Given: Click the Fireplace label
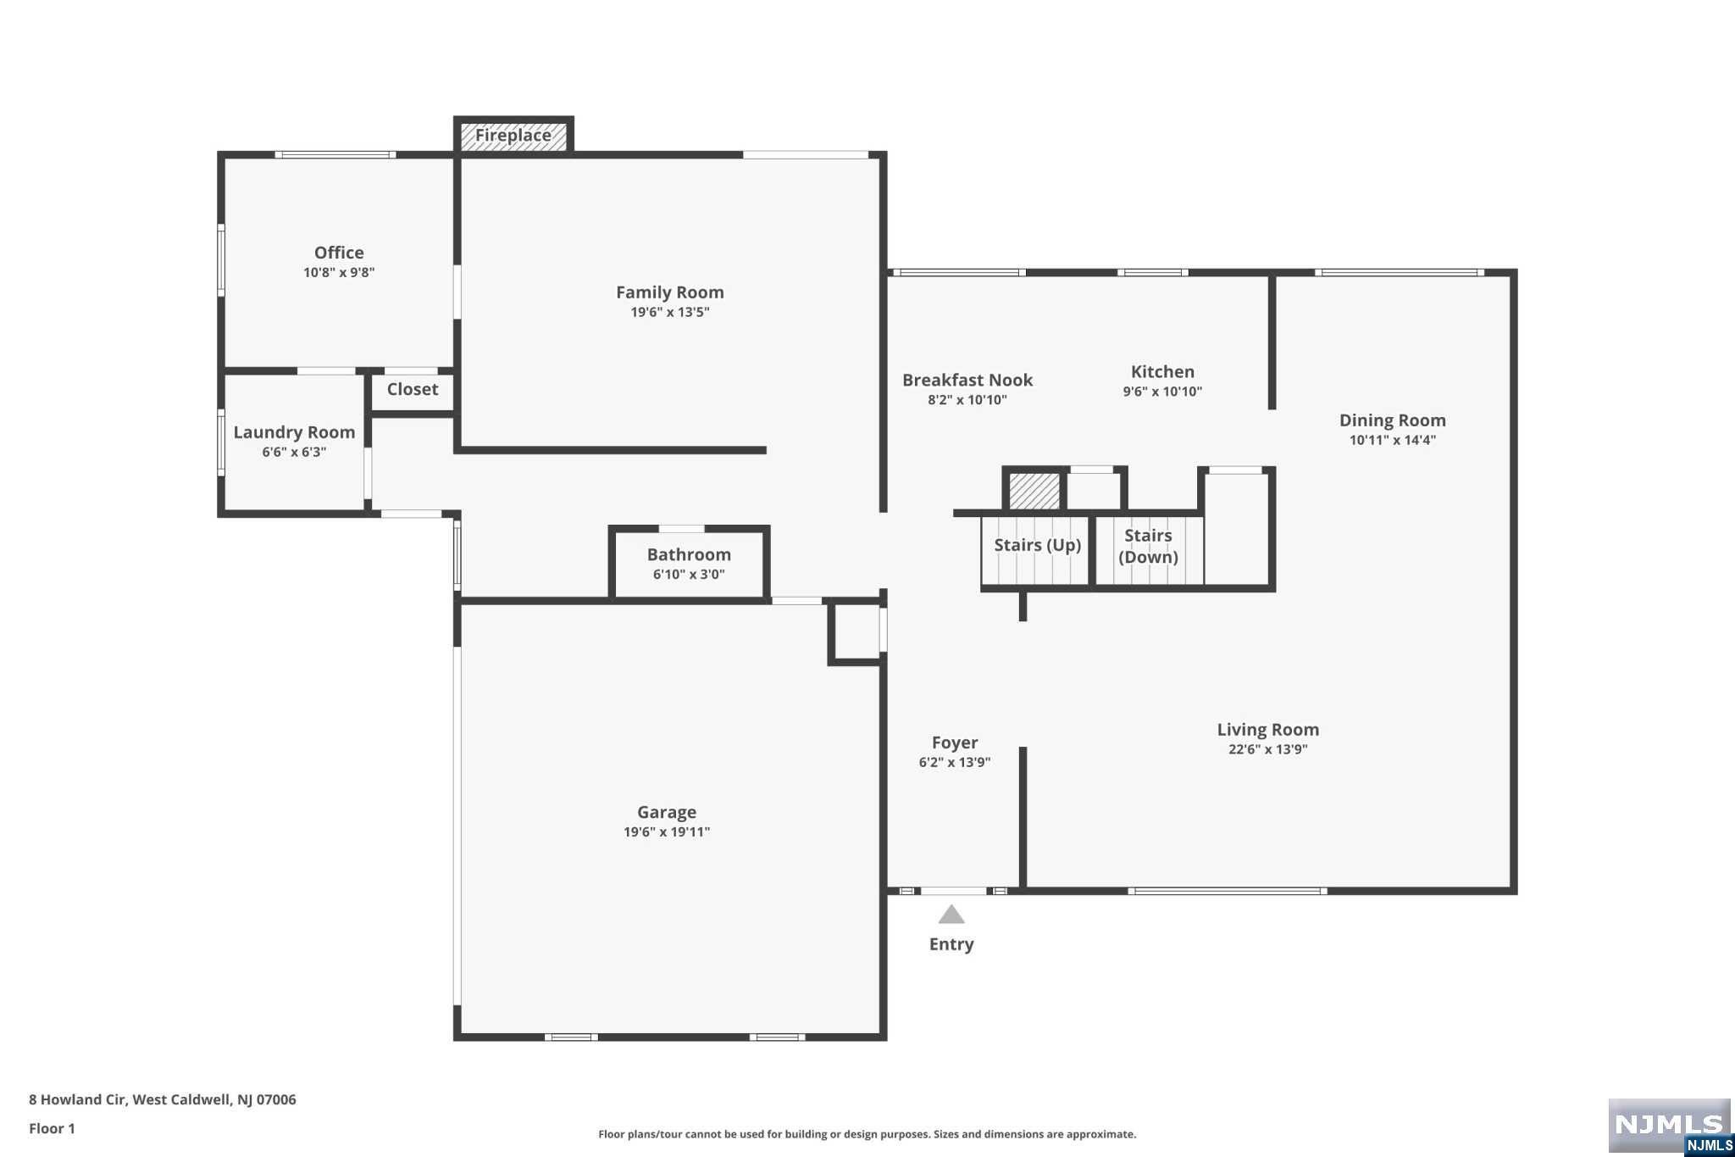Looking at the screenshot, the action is pyautogui.click(x=513, y=136).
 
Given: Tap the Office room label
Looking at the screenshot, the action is pyautogui.click(x=339, y=253).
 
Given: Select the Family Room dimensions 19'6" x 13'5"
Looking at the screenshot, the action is pyautogui.click(x=670, y=312).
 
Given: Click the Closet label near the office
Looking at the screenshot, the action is pyautogui.click(x=413, y=389).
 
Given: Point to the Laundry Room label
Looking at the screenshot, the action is pyautogui.click(x=294, y=432).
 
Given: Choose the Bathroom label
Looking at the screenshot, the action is pyautogui.click(x=689, y=554).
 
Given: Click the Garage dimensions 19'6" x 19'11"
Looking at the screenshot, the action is pyautogui.click(x=667, y=832).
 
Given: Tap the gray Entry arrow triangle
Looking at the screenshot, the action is pyautogui.click(x=951, y=915).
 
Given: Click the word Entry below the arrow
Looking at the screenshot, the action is pyautogui.click(x=951, y=944).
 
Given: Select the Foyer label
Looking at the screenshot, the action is pyautogui.click(x=955, y=743).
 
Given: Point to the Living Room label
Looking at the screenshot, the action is pyautogui.click(x=1268, y=730).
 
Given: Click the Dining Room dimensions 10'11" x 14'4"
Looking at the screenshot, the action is pyautogui.click(x=1393, y=440).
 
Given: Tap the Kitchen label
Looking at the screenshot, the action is pyautogui.click(x=1162, y=371).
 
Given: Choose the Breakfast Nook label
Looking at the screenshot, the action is pyautogui.click(x=967, y=380).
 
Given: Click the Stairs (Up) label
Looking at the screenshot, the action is pyautogui.click(x=1037, y=545).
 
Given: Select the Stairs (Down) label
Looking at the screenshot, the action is pyautogui.click(x=1148, y=547).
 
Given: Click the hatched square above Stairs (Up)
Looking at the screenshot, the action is pyautogui.click(x=1034, y=491).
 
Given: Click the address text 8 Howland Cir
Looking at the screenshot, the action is pyautogui.click(x=77, y=1099).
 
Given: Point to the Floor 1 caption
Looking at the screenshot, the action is pyautogui.click(x=52, y=1128).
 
